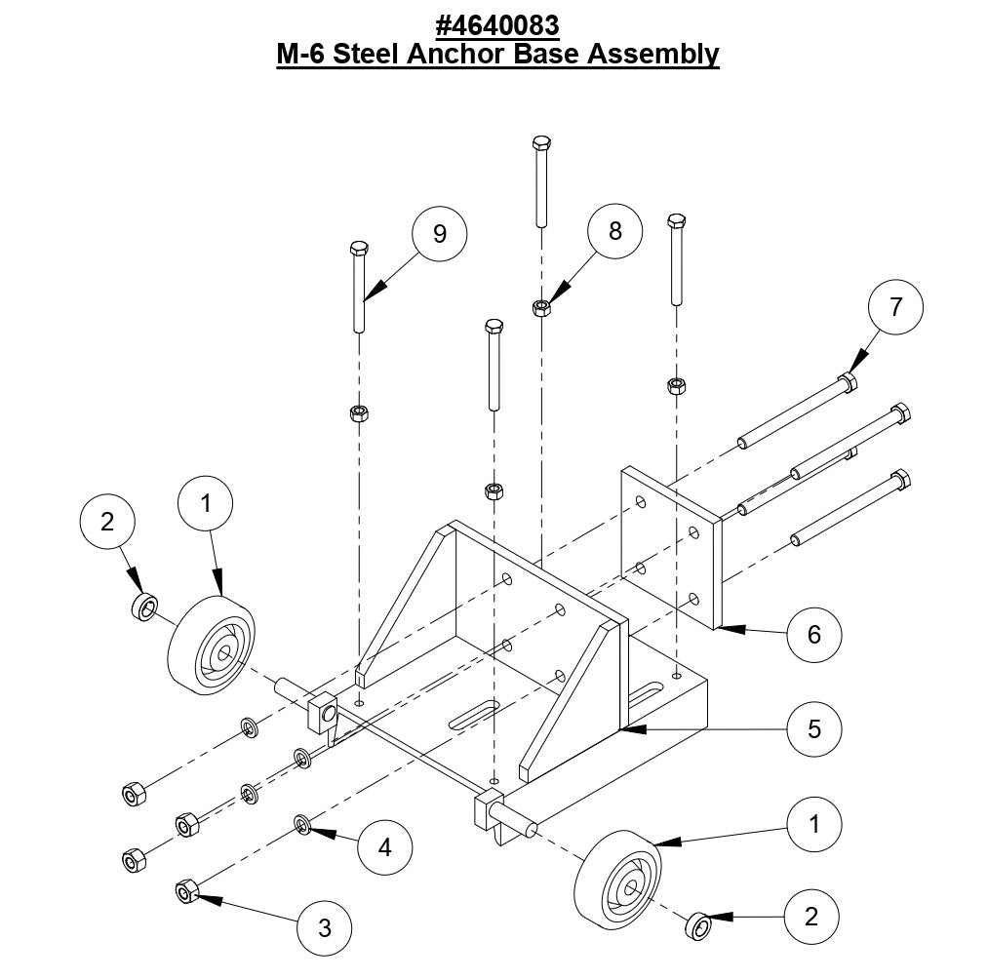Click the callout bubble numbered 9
click(x=439, y=235)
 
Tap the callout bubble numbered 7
click(x=895, y=306)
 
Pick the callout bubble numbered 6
click(x=813, y=635)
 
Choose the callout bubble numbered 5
click(x=813, y=728)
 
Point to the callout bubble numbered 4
click(x=385, y=847)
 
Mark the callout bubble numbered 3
click(x=325, y=927)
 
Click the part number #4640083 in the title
click(x=497, y=22)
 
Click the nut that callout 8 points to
click(x=542, y=309)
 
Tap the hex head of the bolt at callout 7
click(x=848, y=382)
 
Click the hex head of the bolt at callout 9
click(x=358, y=248)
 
